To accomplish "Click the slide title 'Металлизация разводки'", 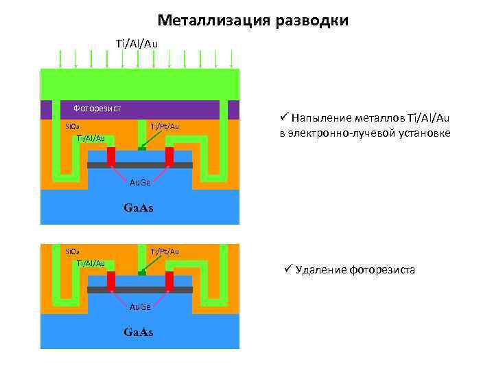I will [252, 21].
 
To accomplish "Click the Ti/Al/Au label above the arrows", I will [137, 44].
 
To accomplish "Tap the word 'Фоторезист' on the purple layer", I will [97, 109].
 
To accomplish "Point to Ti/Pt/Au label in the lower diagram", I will [165, 251].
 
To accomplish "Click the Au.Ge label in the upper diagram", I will [141, 184].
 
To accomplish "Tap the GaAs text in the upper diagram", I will [138, 207].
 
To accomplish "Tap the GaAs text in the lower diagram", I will [138, 333].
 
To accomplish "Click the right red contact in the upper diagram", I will [169, 157].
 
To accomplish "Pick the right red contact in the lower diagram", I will [169, 280].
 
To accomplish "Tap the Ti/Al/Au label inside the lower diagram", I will [91, 263].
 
